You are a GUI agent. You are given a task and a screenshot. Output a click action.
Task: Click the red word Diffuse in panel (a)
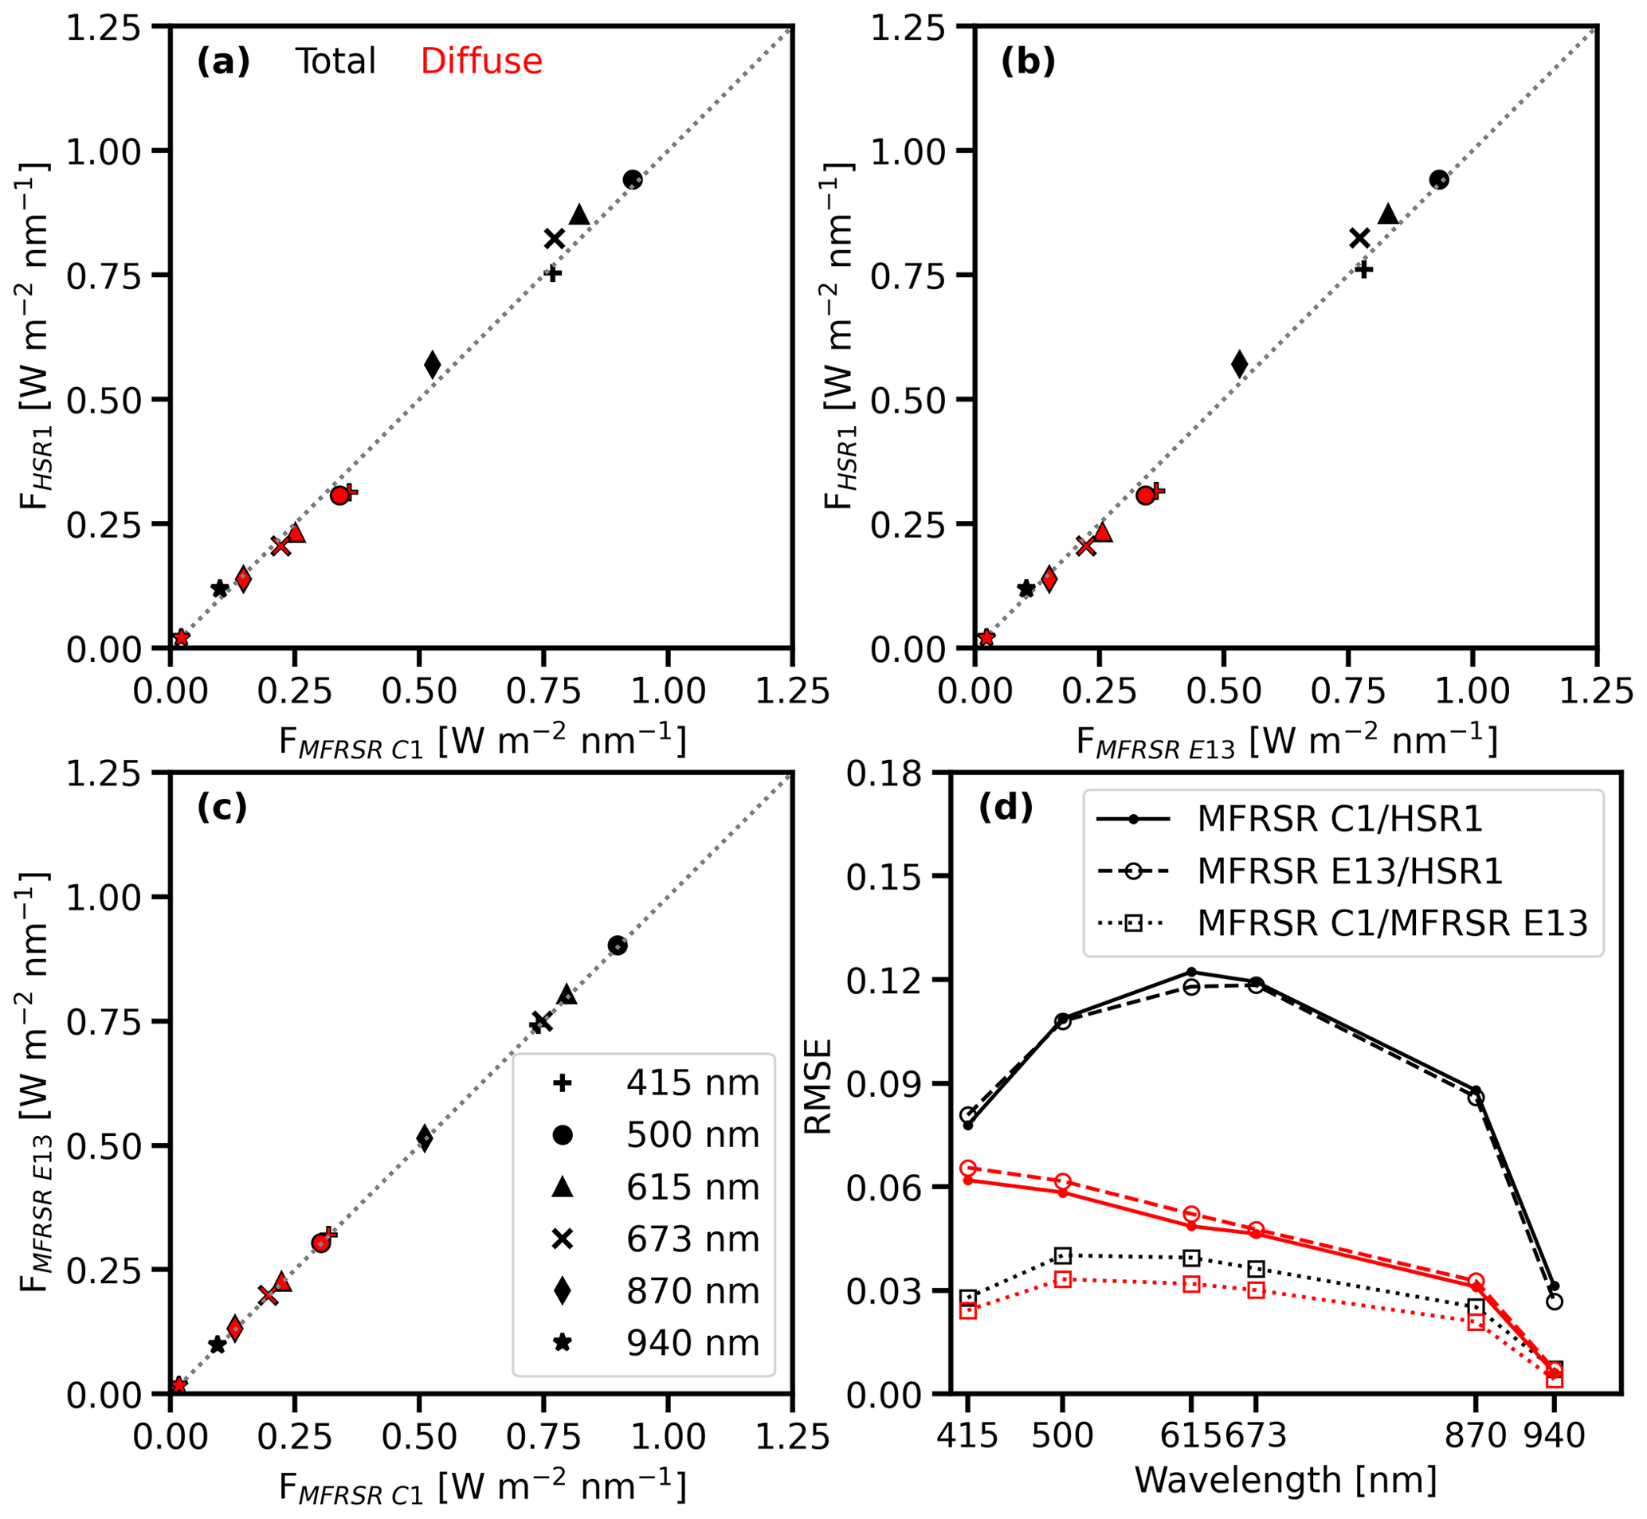point(481,61)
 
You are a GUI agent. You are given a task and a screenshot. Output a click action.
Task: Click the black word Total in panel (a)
point(335,61)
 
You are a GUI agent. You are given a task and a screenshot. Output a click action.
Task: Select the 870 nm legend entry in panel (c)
point(644,1291)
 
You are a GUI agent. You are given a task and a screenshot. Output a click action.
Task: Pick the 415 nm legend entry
point(644,1083)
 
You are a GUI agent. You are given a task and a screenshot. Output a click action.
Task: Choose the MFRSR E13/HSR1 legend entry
point(1349,871)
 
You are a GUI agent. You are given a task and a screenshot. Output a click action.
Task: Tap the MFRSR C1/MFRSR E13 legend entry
point(1391,924)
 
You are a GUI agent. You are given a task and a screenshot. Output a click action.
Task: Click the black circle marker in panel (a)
point(632,180)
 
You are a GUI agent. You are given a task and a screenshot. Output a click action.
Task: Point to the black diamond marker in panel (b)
point(1239,364)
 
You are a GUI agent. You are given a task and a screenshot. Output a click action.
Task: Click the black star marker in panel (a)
point(220,589)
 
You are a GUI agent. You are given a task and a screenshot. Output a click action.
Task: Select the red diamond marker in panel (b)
point(1049,578)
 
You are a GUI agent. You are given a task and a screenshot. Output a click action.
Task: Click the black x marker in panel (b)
point(1360,238)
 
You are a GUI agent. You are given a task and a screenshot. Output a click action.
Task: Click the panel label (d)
point(1005,808)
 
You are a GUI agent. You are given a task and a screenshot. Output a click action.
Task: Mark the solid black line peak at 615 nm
point(1191,973)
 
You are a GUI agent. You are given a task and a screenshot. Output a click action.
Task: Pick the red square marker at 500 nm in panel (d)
point(1062,1280)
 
